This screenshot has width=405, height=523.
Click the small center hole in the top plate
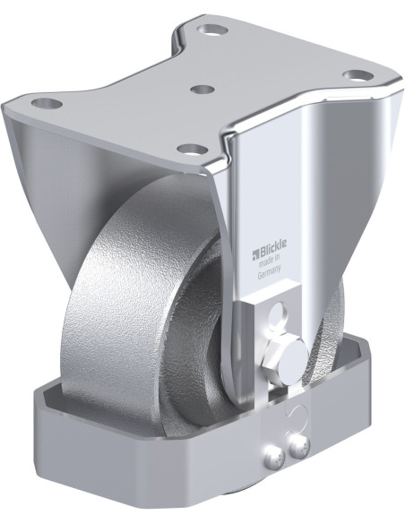coord(203,90)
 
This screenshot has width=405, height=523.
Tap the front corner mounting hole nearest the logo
coord(189,149)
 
